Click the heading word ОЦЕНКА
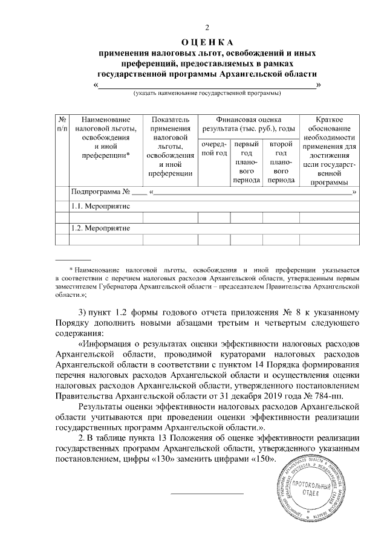point(207,42)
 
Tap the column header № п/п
point(62,125)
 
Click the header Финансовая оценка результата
point(249,125)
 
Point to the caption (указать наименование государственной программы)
point(207,94)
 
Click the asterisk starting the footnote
point(71,270)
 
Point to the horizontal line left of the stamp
point(207,494)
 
